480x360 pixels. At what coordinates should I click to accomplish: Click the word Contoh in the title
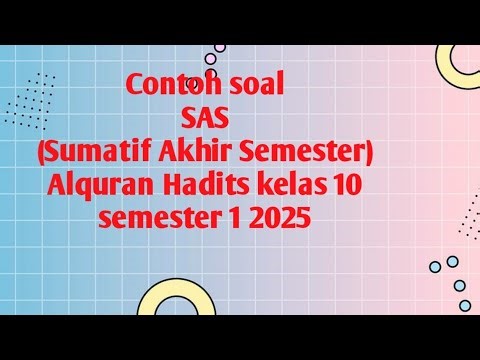pyautogui.click(x=172, y=87)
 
